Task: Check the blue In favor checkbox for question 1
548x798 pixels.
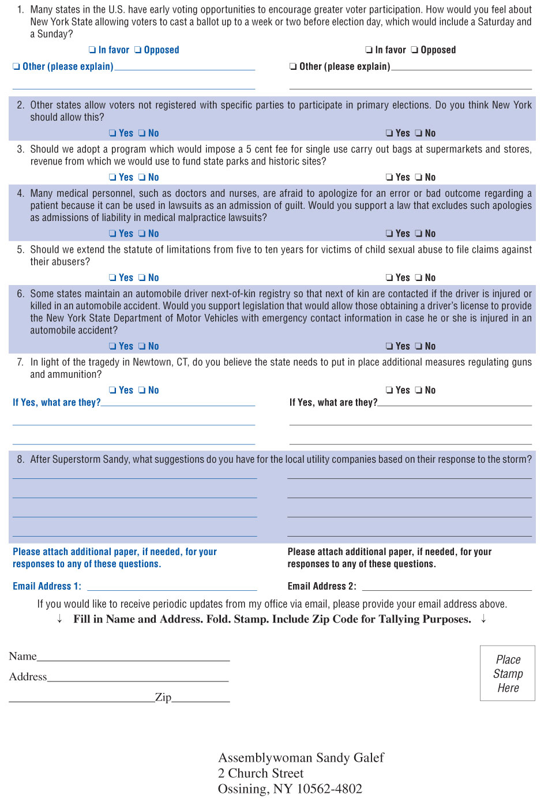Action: click(x=92, y=50)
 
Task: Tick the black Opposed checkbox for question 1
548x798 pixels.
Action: click(x=415, y=50)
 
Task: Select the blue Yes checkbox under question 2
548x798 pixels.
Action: click(x=113, y=133)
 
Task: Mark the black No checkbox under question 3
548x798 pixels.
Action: click(x=419, y=178)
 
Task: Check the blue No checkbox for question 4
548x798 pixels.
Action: click(x=142, y=234)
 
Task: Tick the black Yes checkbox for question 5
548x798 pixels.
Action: click(x=390, y=278)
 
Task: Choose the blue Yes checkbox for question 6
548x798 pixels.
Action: click(x=113, y=347)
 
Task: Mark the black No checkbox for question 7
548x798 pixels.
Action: click(x=419, y=391)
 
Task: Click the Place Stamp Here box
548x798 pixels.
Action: click(x=508, y=673)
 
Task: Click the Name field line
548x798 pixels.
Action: click(x=133, y=658)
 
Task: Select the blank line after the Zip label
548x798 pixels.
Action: click(x=201, y=700)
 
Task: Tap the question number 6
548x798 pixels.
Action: click(x=20, y=294)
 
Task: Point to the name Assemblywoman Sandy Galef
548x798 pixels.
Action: click(x=301, y=758)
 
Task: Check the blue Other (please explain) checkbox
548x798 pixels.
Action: click(x=16, y=67)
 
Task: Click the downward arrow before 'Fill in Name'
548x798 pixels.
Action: click(x=59, y=620)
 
